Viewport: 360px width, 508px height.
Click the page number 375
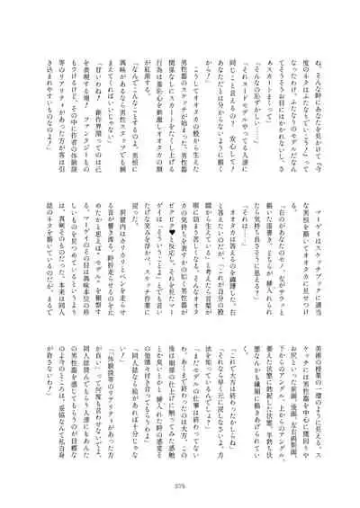coord(180,489)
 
